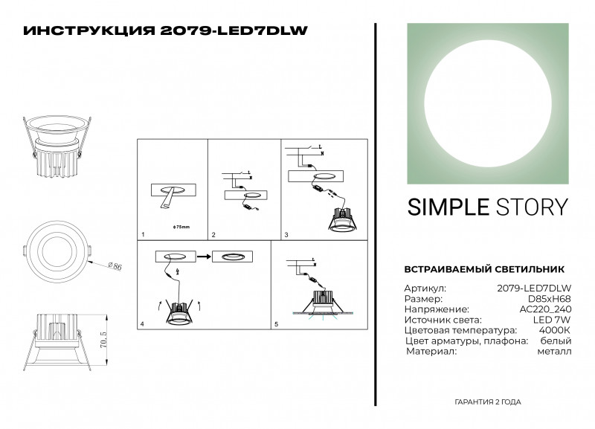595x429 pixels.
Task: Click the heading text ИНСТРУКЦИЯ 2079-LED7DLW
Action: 166,30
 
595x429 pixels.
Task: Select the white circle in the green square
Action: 488,103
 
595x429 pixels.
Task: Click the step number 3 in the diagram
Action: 286,235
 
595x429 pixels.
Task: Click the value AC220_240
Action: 546,308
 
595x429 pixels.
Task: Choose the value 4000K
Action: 556,329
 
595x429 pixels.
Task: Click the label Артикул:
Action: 425,287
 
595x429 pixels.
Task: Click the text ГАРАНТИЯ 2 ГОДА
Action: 487,401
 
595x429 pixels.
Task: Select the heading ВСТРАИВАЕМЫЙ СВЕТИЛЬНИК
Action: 483,268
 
